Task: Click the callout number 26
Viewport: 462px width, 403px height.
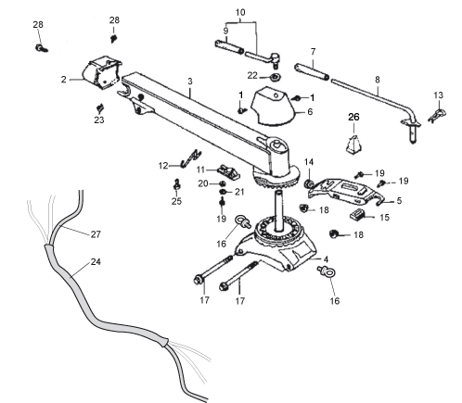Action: coord(353,117)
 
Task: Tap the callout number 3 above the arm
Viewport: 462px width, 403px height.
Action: coord(190,82)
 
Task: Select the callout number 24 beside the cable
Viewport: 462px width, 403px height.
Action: coord(96,262)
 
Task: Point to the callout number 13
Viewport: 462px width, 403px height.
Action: coord(438,95)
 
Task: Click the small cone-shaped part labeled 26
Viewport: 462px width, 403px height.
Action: coord(353,145)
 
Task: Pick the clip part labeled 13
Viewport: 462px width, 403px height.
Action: coord(437,115)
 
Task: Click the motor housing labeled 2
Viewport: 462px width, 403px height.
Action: coord(101,72)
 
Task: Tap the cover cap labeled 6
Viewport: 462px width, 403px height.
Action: coord(273,107)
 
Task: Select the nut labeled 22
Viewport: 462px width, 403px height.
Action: coord(275,76)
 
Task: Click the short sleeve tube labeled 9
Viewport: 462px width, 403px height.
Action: coord(229,46)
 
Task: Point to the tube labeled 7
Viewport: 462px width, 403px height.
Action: coord(312,71)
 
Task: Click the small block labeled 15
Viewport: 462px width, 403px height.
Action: coord(357,215)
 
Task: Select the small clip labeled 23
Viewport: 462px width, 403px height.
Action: coord(99,107)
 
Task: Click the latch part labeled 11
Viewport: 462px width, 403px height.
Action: coord(230,172)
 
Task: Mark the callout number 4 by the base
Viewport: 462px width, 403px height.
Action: coord(326,259)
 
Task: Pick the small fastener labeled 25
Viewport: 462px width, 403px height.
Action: coord(177,184)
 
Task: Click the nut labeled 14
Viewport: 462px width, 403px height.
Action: coord(309,184)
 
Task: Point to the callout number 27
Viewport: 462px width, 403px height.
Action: coord(96,234)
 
